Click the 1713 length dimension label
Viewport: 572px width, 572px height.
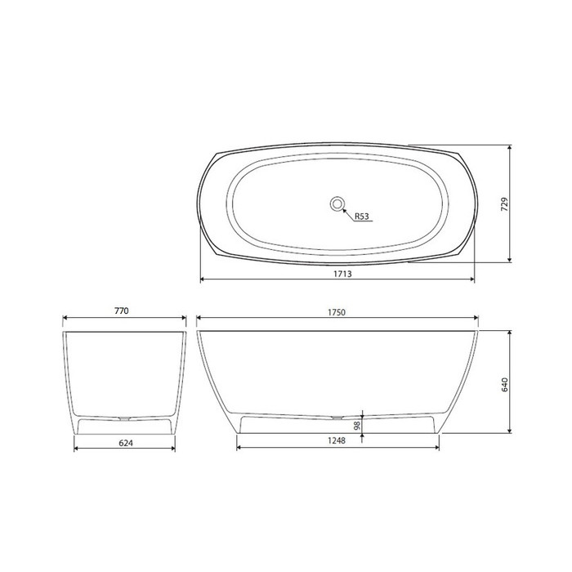(x=342, y=274)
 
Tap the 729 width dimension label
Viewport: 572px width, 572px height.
(x=504, y=204)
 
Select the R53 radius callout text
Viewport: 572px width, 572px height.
(x=362, y=217)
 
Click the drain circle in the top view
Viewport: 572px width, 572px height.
(x=337, y=204)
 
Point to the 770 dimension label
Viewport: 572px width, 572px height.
(x=122, y=311)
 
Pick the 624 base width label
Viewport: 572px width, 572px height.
(x=126, y=443)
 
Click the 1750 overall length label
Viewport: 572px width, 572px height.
(x=337, y=312)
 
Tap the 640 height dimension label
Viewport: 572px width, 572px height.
(x=505, y=385)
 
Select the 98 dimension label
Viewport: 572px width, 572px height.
(x=357, y=426)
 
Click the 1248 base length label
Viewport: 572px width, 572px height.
(x=337, y=440)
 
